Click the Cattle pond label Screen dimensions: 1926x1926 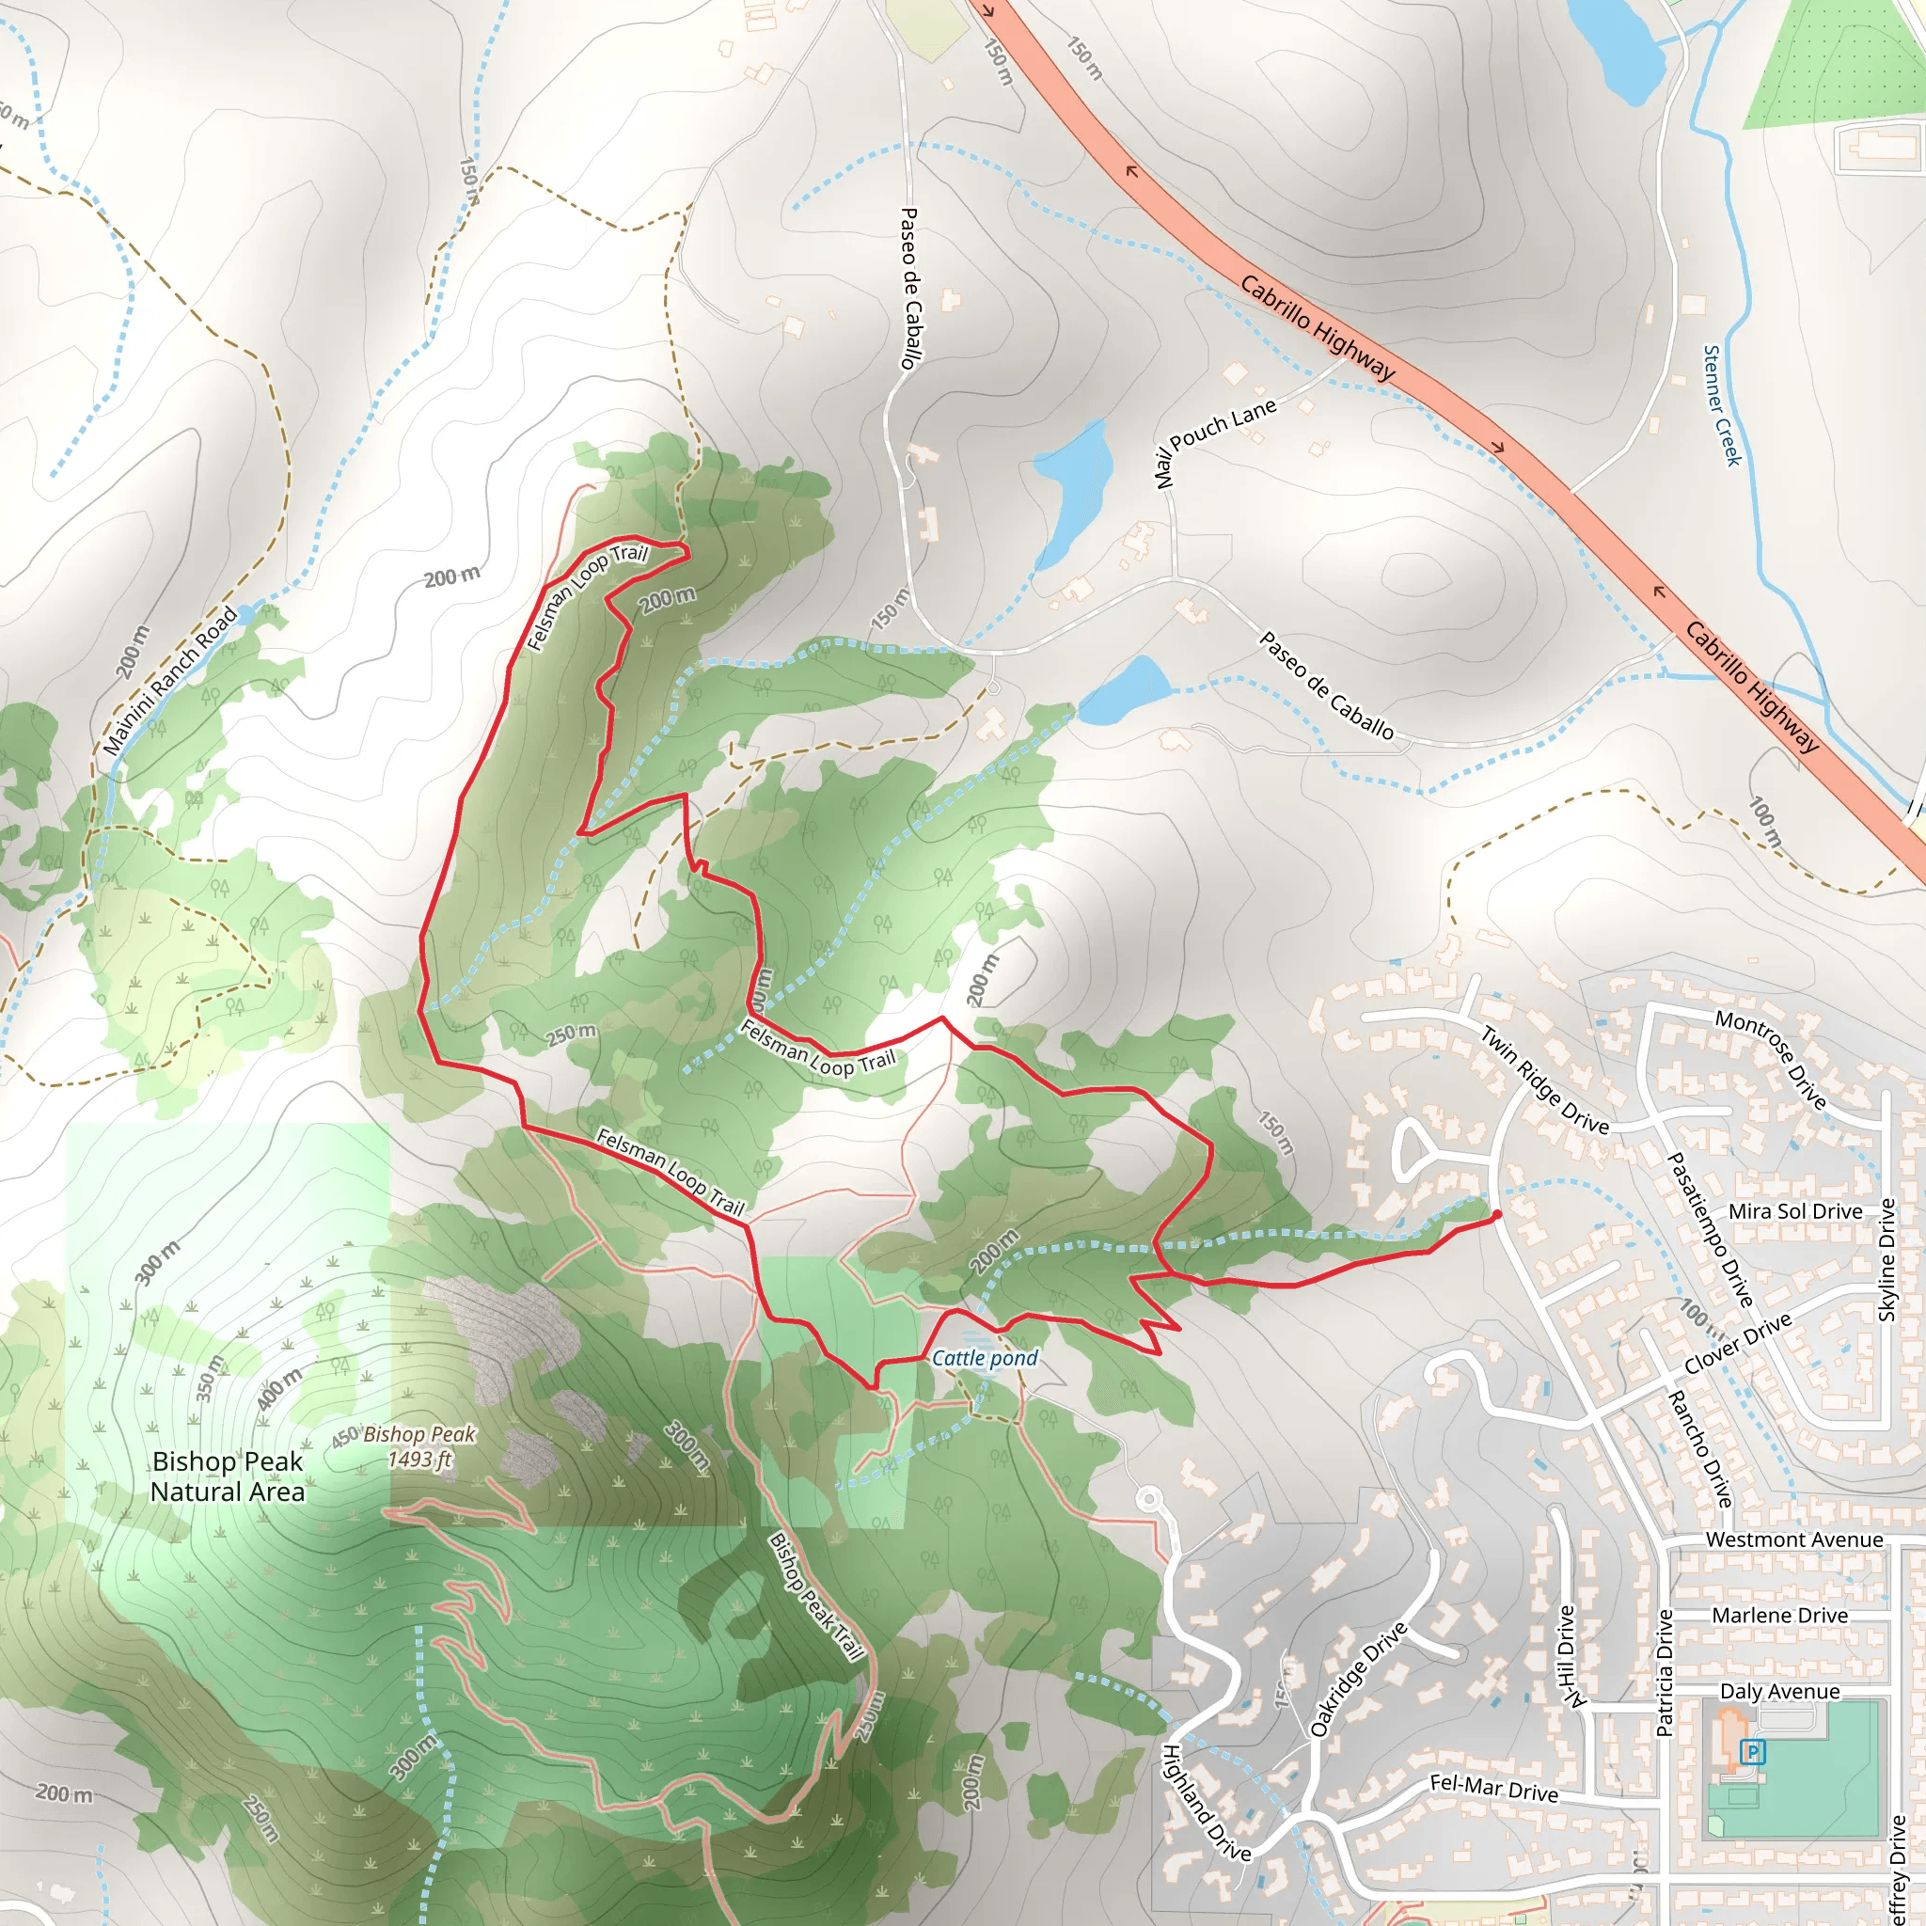click(984, 1358)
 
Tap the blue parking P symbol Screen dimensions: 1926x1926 click(1751, 1751)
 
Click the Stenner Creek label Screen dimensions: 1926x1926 click(1722, 405)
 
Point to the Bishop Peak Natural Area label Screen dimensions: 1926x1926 click(228, 1476)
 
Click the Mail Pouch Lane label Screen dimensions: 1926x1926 click(1214, 444)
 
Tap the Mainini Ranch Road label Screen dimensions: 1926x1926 click(170, 680)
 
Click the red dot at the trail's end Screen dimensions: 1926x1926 click(1496, 1215)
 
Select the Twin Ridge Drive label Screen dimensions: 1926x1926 click(1544, 1081)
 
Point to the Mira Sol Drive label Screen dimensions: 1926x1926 click(1795, 1211)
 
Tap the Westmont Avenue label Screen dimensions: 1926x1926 click(1794, 1540)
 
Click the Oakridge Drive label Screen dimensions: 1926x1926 click(1359, 1680)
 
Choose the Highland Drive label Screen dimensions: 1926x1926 click(1207, 1803)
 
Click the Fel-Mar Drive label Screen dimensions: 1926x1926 click(1493, 1789)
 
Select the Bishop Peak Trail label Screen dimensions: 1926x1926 click(814, 1596)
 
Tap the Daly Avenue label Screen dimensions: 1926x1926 click(1780, 1692)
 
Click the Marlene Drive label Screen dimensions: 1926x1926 click(1779, 1615)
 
